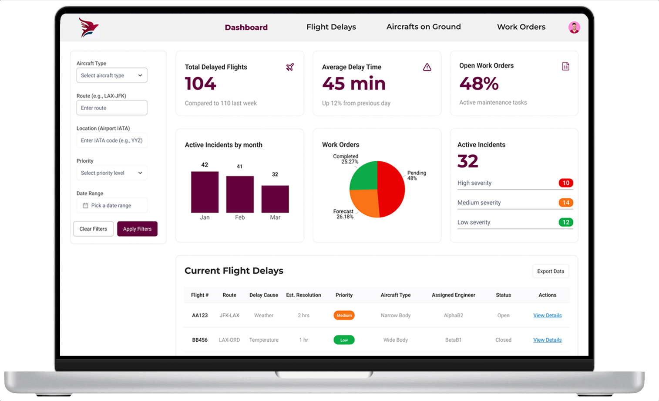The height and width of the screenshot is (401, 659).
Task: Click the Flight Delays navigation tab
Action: (331, 27)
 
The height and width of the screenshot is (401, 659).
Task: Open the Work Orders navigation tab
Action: (521, 27)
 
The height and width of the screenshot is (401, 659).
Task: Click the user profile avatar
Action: (574, 27)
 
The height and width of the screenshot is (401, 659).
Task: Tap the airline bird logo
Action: (89, 28)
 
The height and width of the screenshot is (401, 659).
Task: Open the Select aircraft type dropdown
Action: (112, 75)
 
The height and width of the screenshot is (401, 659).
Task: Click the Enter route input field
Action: (112, 108)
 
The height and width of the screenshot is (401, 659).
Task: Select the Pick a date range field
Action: (112, 206)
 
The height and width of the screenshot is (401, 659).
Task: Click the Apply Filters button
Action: (137, 229)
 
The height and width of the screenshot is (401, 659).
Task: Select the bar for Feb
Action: (240, 194)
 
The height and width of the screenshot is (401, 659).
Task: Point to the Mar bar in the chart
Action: (275, 199)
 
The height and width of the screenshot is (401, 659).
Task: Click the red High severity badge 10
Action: (565, 183)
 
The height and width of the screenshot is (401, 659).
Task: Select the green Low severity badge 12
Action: (565, 222)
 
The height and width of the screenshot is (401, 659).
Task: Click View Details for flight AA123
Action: (547, 316)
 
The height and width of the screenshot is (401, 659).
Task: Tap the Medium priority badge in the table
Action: (344, 316)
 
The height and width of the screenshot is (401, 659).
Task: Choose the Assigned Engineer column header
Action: (453, 295)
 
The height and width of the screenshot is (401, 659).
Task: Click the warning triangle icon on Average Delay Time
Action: (427, 67)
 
